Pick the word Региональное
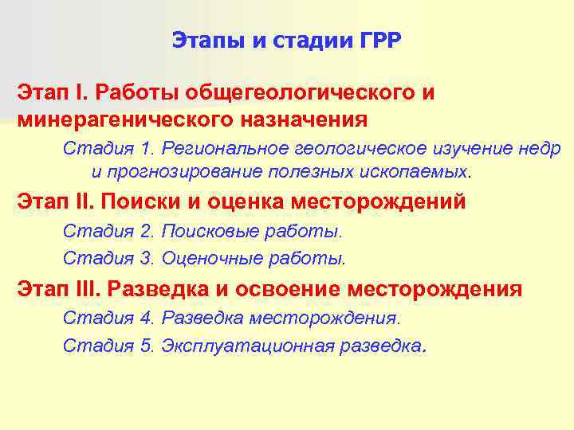225,149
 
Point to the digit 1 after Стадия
145,149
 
